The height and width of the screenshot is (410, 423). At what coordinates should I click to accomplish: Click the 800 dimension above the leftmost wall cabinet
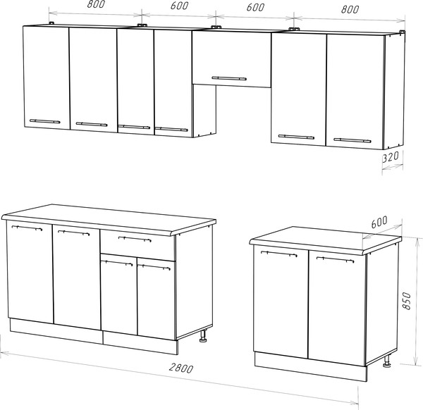pyautogui.click(x=96, y=4)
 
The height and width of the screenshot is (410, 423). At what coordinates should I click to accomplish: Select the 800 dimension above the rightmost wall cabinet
pyautogui.click(x=350, y=9)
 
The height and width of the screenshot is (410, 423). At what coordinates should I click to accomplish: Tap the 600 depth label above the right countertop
pyautogui.click(x=379, y=222)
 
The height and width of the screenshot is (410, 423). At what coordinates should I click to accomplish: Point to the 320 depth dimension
pyautogui.click(x=391, y=157)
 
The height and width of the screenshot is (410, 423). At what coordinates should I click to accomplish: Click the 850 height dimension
pyautogui.click(x=407, y=301)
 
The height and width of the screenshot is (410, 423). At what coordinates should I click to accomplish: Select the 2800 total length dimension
pyautogui.click(x=181, y=368)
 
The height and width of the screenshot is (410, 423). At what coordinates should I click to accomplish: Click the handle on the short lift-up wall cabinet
pyautogui.click(x=229, y=78)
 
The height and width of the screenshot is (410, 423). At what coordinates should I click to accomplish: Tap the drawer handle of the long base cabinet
pyautogui.click(x=135, y=239)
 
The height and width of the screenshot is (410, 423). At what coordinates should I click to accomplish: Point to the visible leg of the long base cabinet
pyautogui.click(x=203, y=336)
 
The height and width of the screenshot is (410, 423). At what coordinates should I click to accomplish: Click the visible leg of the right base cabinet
pyautogui.click(x=387, y=361)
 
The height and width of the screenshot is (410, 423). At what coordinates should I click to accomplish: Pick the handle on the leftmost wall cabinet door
pyautogui.click(x=45, y=121)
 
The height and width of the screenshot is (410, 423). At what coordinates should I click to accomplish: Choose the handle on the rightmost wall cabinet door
pyautogui.click(x=352, y=140)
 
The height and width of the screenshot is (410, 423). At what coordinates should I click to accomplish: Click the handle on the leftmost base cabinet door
pyautogui.click(x=27, y=228)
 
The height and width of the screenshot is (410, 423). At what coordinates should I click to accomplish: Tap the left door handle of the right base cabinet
pyautogui.click(x=279, y=254)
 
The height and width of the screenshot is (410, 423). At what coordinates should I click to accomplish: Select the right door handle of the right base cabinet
pyautogui.click(x=335, y=259)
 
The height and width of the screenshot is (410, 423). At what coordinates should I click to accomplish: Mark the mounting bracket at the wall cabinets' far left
pyautogui.click(x=51, y=23)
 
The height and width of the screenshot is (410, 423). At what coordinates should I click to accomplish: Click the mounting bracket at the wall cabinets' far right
pyautogui.click(x=402, y=32)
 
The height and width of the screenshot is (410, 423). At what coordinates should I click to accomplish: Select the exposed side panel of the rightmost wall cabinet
pyautogui.click(x=394, y=91)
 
